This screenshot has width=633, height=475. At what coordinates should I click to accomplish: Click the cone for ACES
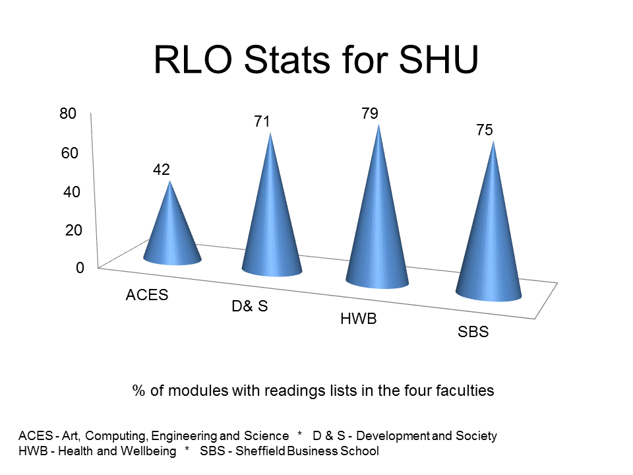coord(171,231)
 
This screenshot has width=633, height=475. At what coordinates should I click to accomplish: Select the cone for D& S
coord(271,218)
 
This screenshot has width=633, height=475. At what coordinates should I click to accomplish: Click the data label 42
coord(162,170)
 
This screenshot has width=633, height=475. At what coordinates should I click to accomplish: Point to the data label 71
coord(264,122)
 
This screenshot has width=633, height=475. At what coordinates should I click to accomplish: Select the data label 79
coord(369,113)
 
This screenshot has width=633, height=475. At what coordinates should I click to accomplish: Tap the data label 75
coord(485,131)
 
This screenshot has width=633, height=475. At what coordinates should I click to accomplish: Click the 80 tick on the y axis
coord(68,114)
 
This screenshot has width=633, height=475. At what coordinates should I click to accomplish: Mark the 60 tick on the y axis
coord(69,153)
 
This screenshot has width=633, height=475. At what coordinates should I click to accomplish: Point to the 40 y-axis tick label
coord(69,192)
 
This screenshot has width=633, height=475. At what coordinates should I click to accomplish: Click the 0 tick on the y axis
coord(79,269)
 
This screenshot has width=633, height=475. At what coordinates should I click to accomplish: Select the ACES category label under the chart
coord(147,295)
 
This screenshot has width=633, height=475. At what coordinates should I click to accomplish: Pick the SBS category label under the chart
coord(473,332)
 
